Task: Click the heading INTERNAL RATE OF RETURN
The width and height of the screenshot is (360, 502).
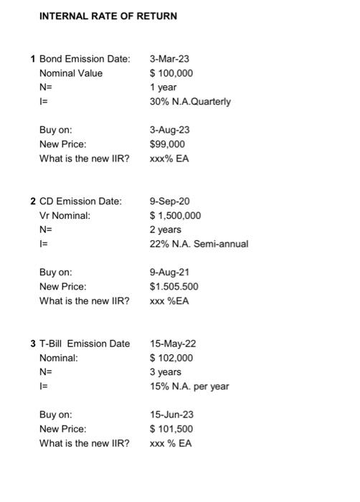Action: [x=108, y=16]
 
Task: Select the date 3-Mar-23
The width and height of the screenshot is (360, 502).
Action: [x=169, y=58]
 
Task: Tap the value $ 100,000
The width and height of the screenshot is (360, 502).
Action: [x=171, y=72]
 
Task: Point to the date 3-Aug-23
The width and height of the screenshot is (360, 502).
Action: [x=169, y=130]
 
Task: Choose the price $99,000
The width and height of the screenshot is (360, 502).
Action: [x=167, y=144]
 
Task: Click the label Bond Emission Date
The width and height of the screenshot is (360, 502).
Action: [x=84, y=58]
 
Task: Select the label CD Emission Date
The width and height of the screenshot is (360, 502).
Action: [x=80, y=201]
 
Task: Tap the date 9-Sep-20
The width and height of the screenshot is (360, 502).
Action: [x=169, y=201]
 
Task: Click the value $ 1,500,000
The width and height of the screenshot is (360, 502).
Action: [x=175, y=215]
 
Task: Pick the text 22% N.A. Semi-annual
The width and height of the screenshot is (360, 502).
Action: [x=199, y=244]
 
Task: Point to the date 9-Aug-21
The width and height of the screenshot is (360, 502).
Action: [x=169, y=273]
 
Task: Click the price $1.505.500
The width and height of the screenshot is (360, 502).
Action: [x=174, y=287]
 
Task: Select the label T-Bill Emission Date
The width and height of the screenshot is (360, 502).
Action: [x=85, y=344]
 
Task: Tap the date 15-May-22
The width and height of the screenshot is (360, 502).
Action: [x=172, y=344]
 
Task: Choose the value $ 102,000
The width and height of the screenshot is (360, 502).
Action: [x=171, y=358]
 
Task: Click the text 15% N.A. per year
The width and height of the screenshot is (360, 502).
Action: [x=189, y=387]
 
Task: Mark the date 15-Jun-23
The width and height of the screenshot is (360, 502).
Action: [x=172, y=415]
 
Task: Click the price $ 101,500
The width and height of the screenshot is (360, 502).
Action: [x=171, y=429]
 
